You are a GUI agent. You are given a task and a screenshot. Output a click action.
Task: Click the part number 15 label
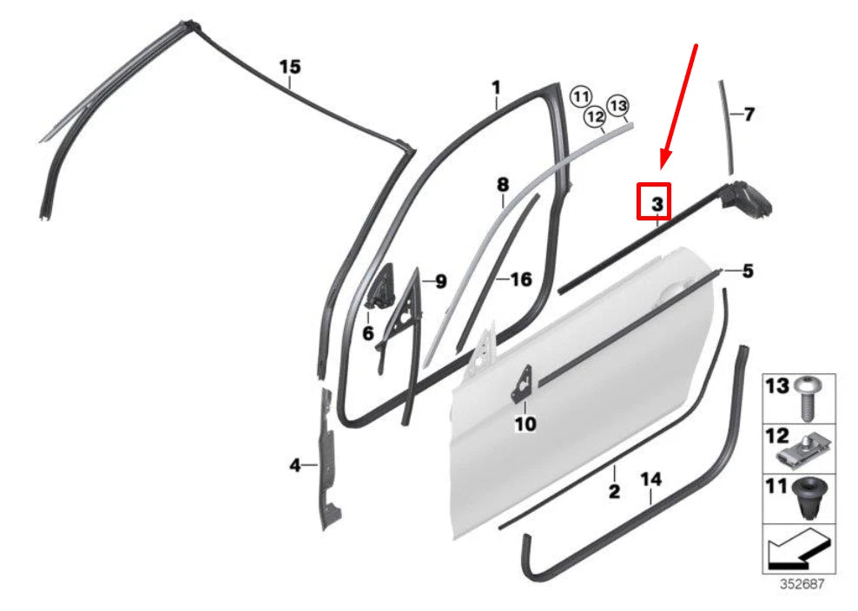[x=289, y=67]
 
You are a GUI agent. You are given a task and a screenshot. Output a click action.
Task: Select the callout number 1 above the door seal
[x=496, y=88]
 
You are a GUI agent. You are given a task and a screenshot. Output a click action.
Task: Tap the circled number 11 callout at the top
[x=580, y=95]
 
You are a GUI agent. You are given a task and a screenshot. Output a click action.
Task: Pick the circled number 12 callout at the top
[x=594, y=115]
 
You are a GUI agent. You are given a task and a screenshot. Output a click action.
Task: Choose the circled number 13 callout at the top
[x=617, y=106]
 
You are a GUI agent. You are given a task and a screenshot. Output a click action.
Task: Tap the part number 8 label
[x=502, y=184]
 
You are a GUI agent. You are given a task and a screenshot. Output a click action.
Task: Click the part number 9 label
[x=440, y=281]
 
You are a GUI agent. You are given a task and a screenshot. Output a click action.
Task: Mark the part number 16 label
[x=520, y=279]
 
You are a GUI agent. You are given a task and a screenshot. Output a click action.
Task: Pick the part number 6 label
[x=368, y=333]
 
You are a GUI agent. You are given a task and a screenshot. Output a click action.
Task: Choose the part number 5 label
[x=748, y=271]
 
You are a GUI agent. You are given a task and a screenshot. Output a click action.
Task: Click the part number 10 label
[x=525, y=424]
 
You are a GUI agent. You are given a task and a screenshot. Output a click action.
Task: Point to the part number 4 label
[x=295, y=466]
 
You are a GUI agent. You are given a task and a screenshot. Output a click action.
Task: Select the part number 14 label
[x=650, y=478]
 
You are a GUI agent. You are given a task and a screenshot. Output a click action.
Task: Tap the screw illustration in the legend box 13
[x=807, y=398]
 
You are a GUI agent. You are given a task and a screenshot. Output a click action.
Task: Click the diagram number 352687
[x=797, y=584]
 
